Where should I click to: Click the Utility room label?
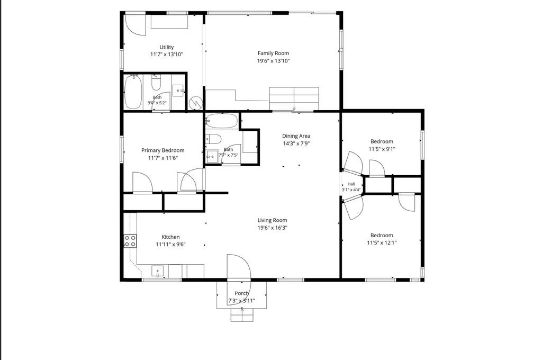167,47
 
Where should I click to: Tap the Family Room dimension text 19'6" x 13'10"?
273,61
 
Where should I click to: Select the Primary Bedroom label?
163,150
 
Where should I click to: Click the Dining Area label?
296,136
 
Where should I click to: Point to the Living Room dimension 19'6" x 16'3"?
273,228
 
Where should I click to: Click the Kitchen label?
171,237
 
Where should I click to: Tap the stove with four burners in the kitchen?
130,241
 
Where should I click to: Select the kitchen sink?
158,272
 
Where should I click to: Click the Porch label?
241,293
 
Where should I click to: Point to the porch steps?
242,314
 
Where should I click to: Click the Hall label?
351,184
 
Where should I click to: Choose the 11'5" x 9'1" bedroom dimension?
382,149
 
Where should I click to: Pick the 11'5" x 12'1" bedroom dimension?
382,243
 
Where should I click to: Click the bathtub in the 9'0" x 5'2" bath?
133,92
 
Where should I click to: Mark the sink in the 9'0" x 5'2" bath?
178,91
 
